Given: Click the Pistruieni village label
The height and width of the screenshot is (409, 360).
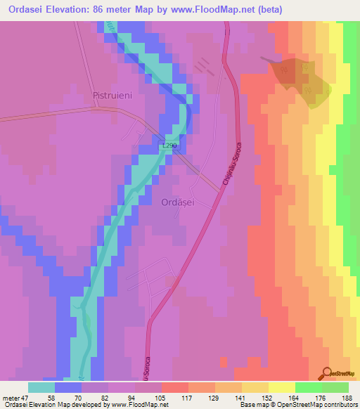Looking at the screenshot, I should click(x=113, y=94).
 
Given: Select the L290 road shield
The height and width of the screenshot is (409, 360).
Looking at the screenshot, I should click(x=170, y=145).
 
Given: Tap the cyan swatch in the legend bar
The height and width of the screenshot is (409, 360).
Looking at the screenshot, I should click(x=41, y=387).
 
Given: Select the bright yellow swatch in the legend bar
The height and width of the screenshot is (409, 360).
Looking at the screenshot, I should click(x=281, y=387).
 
